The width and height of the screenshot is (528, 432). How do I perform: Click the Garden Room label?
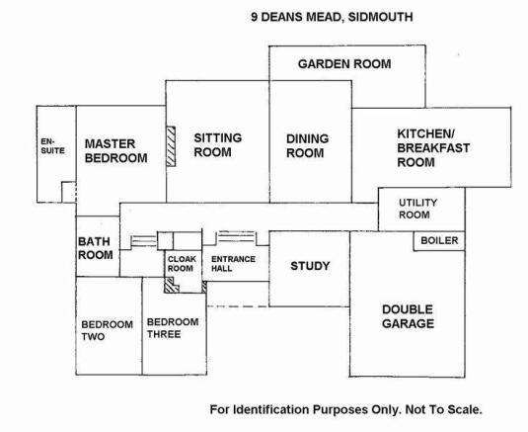point(344,64)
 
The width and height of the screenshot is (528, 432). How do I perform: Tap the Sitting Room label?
point(217,145)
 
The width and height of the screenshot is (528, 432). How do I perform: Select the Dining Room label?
point(307,145)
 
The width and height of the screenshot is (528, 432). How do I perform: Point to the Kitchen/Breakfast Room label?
point(433,148)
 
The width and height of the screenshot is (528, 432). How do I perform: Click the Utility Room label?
point(417,209)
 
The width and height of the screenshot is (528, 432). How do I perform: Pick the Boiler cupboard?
point(439,241)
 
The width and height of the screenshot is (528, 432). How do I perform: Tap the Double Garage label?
point(408,316)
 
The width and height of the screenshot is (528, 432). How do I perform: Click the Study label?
point(310,266)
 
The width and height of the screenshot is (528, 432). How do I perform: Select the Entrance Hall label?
point(233,264)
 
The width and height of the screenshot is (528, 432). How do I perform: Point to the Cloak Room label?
point(182,264)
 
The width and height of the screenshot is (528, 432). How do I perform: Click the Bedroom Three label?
point(173,328)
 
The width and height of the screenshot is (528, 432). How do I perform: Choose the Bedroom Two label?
point(107,330)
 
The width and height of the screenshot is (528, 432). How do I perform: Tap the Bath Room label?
point(96,248)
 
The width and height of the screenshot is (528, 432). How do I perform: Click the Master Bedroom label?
point(115,150)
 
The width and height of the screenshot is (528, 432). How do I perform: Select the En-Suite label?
point(52,146)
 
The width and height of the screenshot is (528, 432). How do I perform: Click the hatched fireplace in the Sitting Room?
point(171,146)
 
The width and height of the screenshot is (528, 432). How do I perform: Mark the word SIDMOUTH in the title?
point(380,17)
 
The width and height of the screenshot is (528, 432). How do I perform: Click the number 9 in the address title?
point(255,17)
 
